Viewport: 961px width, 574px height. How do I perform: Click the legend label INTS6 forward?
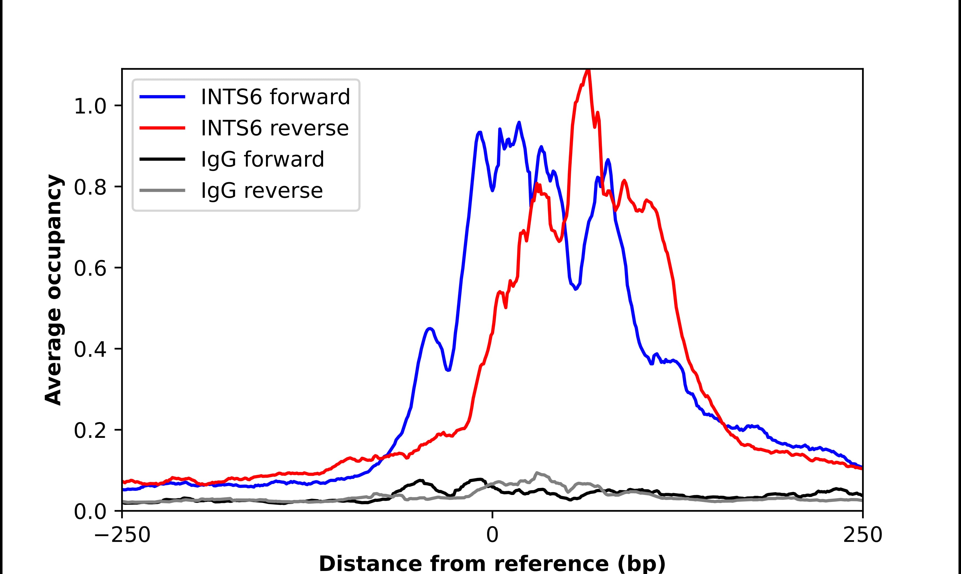click(x=275, y=97)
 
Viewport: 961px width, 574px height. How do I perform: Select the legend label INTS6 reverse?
click(x=275, y=128)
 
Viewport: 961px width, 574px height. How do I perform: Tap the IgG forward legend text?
click(x=262, y=159)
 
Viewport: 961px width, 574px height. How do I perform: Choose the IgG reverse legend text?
click(x=262, y=191)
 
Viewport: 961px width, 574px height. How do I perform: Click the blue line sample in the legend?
click(x=162, y=97)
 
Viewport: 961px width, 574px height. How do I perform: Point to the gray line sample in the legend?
click(x=162, y=191)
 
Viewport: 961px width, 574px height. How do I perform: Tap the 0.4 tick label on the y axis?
click(x=90, y=349)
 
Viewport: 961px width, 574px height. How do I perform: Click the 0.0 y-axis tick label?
click(x=90, y=511)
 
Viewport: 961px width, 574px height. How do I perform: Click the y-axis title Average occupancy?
click(x=53, y=290)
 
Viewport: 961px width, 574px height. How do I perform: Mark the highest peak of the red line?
click(x=588, y=70)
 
